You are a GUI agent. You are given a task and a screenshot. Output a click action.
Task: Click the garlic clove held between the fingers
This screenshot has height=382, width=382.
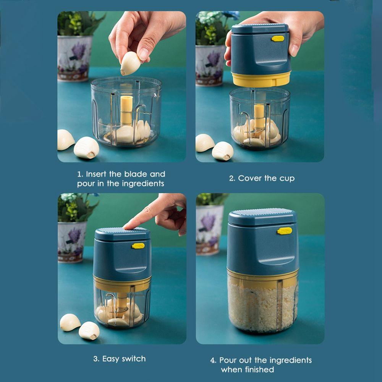click(x=130, y=63)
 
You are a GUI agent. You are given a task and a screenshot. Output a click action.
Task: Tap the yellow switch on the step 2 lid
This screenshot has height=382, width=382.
click(x=278, y=39)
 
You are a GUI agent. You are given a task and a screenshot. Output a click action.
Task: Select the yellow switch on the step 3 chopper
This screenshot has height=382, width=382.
click(x=138, y=246)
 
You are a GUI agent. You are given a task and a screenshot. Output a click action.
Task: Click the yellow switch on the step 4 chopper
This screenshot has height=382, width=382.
click(x=285, y=231)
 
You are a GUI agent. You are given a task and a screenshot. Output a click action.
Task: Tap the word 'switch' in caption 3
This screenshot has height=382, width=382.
click(x=134, y=359)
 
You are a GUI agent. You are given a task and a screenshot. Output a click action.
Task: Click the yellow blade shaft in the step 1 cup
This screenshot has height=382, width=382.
click(x=126, y=111)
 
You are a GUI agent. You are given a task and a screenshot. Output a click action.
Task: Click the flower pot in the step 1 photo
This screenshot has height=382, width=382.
click(x=74, y=58)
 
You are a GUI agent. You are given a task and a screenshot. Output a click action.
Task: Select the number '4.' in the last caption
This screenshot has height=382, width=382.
click(x=213, y=360)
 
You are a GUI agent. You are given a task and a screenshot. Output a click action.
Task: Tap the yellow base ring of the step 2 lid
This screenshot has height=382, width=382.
click(x=261, y=79)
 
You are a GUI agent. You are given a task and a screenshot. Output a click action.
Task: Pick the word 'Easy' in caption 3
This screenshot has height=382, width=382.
click(x=111, y=359)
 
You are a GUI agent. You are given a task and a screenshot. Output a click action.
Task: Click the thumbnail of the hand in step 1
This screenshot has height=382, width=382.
click(x=144, y=54)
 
